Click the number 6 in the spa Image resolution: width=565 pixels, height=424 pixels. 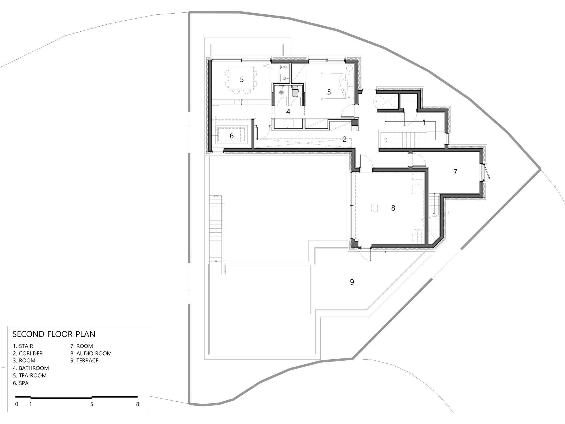[232, 136]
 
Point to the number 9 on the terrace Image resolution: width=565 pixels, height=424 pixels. [352, 282]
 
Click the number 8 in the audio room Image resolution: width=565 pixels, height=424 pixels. [393, 208]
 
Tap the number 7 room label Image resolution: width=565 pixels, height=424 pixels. [455, 172]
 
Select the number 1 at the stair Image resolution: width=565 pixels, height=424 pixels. [424, 122]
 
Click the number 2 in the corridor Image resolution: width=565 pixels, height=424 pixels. [345, 139]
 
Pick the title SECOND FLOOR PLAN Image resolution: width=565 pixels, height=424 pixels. [54, 334]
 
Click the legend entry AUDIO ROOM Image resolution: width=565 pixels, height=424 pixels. [94, 353]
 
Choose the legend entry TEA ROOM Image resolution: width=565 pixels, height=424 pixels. [33, 375]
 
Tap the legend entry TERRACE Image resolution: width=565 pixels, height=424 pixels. [88, 360]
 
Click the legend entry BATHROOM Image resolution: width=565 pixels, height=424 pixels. [34, 368]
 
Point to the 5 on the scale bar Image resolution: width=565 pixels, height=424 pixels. [92, 404]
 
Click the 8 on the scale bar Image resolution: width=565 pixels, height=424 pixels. [138, 404]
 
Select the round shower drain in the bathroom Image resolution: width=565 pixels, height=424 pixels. [282, 92]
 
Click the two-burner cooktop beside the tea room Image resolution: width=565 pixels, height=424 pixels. [284, 67]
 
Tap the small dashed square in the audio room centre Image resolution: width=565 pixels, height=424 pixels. [374, 208]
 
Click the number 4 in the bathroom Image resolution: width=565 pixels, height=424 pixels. [288, 112]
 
